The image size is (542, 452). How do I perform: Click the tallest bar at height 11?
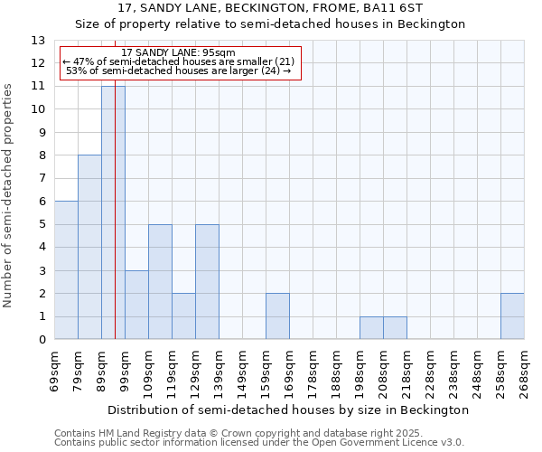(113, 212)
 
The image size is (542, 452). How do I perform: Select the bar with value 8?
(89, 247)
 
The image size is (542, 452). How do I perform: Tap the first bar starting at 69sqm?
(66, 270)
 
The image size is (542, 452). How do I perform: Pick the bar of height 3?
(136, 305)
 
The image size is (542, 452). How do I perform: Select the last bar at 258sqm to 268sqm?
(512, 316)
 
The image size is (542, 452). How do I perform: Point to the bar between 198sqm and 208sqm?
(371, 328)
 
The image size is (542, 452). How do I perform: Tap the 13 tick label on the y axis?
(38, 41)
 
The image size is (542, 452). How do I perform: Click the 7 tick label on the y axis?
(42, 179)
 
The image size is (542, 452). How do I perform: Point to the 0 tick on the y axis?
(42, 340)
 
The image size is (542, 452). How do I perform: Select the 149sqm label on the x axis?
(242, 372)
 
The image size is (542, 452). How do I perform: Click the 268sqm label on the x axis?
(524, 372)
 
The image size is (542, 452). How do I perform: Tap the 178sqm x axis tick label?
(313, 372)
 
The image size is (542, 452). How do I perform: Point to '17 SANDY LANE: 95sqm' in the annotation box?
(178, 52)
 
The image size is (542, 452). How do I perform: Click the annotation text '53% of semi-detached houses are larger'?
(178, 71)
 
